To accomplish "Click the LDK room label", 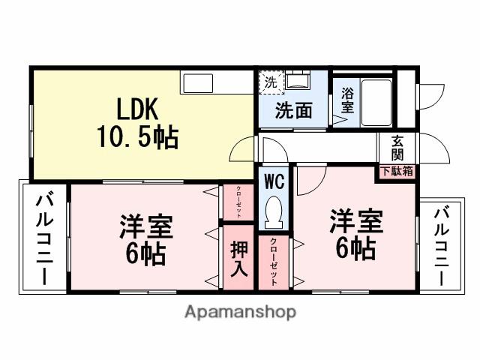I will pyautogui.click(x=136, y=110).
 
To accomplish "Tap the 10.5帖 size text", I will pyautogui.click(x=136, y=136).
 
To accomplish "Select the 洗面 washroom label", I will pyautogui.click(x=292, y=112).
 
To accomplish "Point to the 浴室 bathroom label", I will pyautogui.click(x=347, y=100).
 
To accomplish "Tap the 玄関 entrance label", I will pyautogui.click(x=397, y=148).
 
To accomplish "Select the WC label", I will pyautogui.click(x=273, y=181).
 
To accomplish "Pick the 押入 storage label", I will pyautogui.click(x=238, y=259).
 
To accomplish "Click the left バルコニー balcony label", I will pyautogui.click(x=43, y=238).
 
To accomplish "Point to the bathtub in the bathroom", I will pyautogui.click(x=376, y=101).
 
